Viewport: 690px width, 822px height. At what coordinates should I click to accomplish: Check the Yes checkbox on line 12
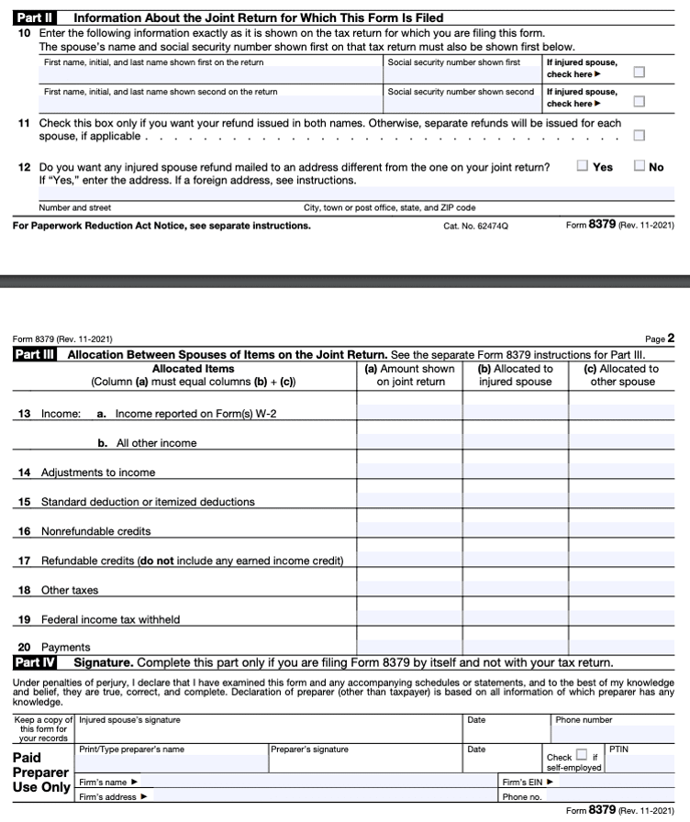pyautogui.click(x=583, y=166)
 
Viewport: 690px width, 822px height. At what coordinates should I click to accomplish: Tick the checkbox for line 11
pyautogui.click(x=639, y=136)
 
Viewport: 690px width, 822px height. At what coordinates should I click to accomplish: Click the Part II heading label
pyautogui.click(x=36, y=17)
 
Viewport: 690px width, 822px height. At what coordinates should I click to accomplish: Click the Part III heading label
pyautogui.click(x=36, y=354)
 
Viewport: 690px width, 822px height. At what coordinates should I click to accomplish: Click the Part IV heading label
pyautogui.click(x=36, y=661)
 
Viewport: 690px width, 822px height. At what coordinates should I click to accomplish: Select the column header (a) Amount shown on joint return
pyautogui.click(x=409, y=375)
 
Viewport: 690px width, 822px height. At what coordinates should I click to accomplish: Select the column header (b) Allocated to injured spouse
pyautogui.click(x=516, y=375)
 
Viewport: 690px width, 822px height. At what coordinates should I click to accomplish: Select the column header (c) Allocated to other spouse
pyautogui.click(x=621, y=375)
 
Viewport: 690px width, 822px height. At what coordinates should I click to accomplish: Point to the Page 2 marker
pyautogui.click(x=661, y=339)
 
